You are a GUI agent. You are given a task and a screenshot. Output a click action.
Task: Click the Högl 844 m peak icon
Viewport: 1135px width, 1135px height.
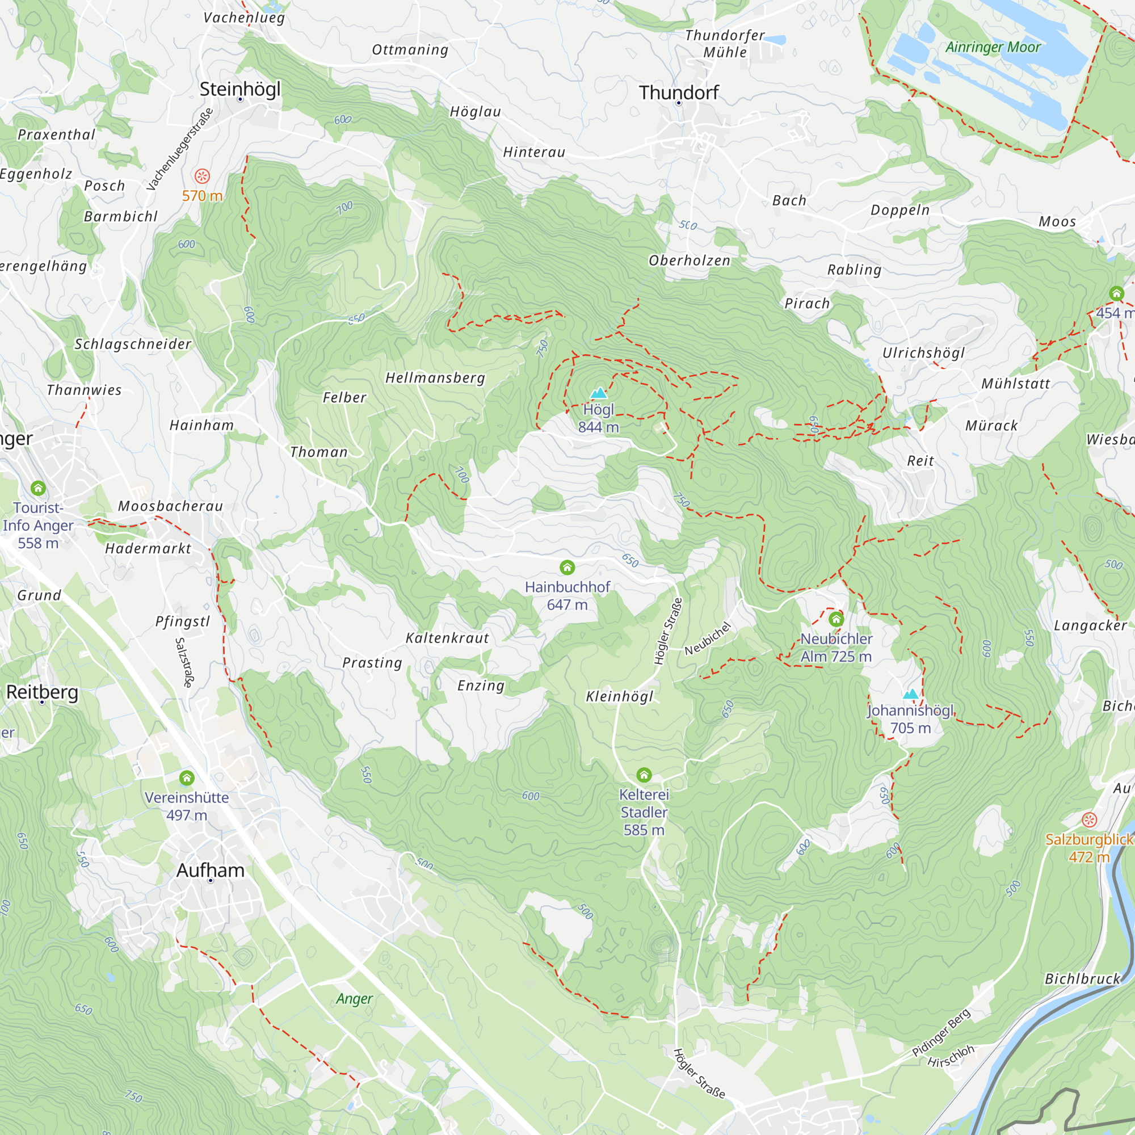tap(598, 393)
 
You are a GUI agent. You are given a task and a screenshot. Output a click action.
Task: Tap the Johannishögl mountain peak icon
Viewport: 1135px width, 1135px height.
tap(910, 695)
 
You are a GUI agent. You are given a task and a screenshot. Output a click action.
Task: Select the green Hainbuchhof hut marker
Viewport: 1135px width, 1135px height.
tap(567, 567)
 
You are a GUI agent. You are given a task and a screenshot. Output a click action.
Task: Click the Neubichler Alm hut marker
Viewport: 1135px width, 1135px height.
tap(836, 619)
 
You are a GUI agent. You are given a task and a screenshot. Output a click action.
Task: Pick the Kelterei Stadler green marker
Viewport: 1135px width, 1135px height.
tap(644, 774)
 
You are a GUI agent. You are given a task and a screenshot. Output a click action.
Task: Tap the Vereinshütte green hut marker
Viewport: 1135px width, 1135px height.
tap(187, 778)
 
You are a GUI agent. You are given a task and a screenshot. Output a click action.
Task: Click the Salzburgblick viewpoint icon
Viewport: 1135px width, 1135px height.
tap(1089, 819)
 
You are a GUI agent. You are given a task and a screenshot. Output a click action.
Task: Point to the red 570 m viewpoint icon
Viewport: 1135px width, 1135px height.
tap(202, 176)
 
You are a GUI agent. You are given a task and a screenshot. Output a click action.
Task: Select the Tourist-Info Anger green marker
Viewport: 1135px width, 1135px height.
tap(38, 487)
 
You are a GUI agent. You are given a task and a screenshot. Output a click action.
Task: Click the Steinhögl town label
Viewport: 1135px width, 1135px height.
tap(239, 89)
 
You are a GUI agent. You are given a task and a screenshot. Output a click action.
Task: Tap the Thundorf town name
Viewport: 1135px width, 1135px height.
tap(679, 93)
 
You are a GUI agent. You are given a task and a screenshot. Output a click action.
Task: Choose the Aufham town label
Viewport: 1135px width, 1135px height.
tap(211, 870)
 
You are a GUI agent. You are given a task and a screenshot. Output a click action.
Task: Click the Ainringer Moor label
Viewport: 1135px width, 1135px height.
tap(992, 47)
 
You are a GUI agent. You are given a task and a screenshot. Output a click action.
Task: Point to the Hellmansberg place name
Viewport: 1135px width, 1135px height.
tap(435, 378)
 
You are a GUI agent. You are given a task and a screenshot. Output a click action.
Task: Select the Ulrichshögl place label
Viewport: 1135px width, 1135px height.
tap(923, 352)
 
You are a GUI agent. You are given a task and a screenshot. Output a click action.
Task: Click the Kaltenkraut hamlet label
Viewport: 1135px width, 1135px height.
tap(447, 638)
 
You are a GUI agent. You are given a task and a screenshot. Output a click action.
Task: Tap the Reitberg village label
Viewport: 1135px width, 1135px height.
tap(43, 692)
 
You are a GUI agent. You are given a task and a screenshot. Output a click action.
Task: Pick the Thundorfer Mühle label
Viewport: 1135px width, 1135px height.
tap(725, 44)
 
